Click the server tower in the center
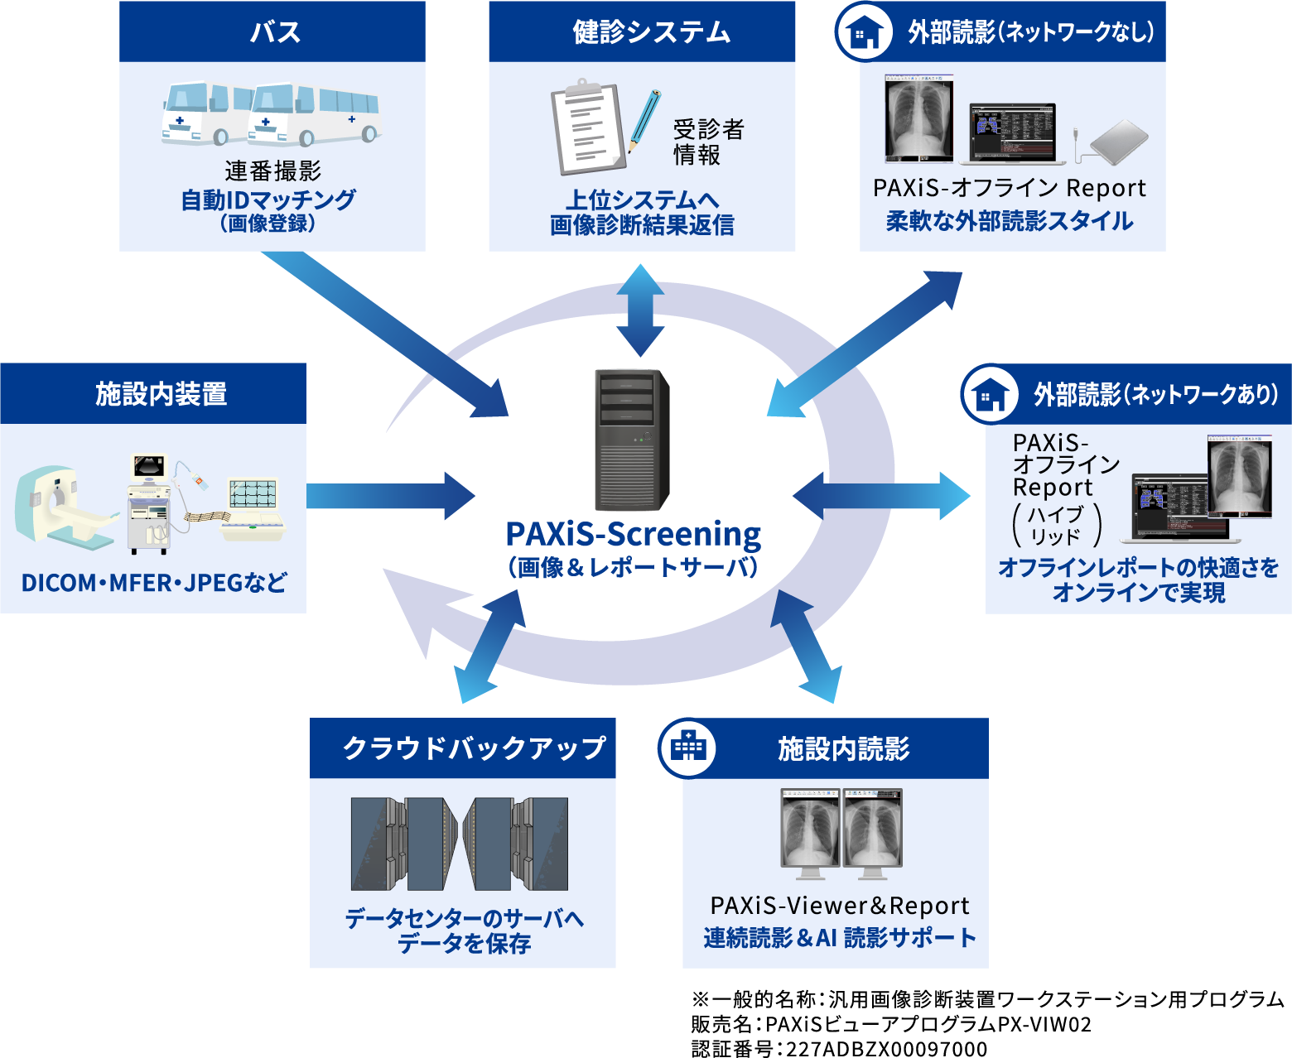coord(632,440)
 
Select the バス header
coord(272,31)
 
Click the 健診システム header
coord(642,31)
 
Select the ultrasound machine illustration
coord(150,503)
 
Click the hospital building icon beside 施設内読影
coord(687,748)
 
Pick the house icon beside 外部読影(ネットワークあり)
coord(991,394)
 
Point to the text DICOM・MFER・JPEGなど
coord(154,583)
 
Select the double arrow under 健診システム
coord(640,310)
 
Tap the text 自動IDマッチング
coord(268,200)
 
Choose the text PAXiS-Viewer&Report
coord(839,906)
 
